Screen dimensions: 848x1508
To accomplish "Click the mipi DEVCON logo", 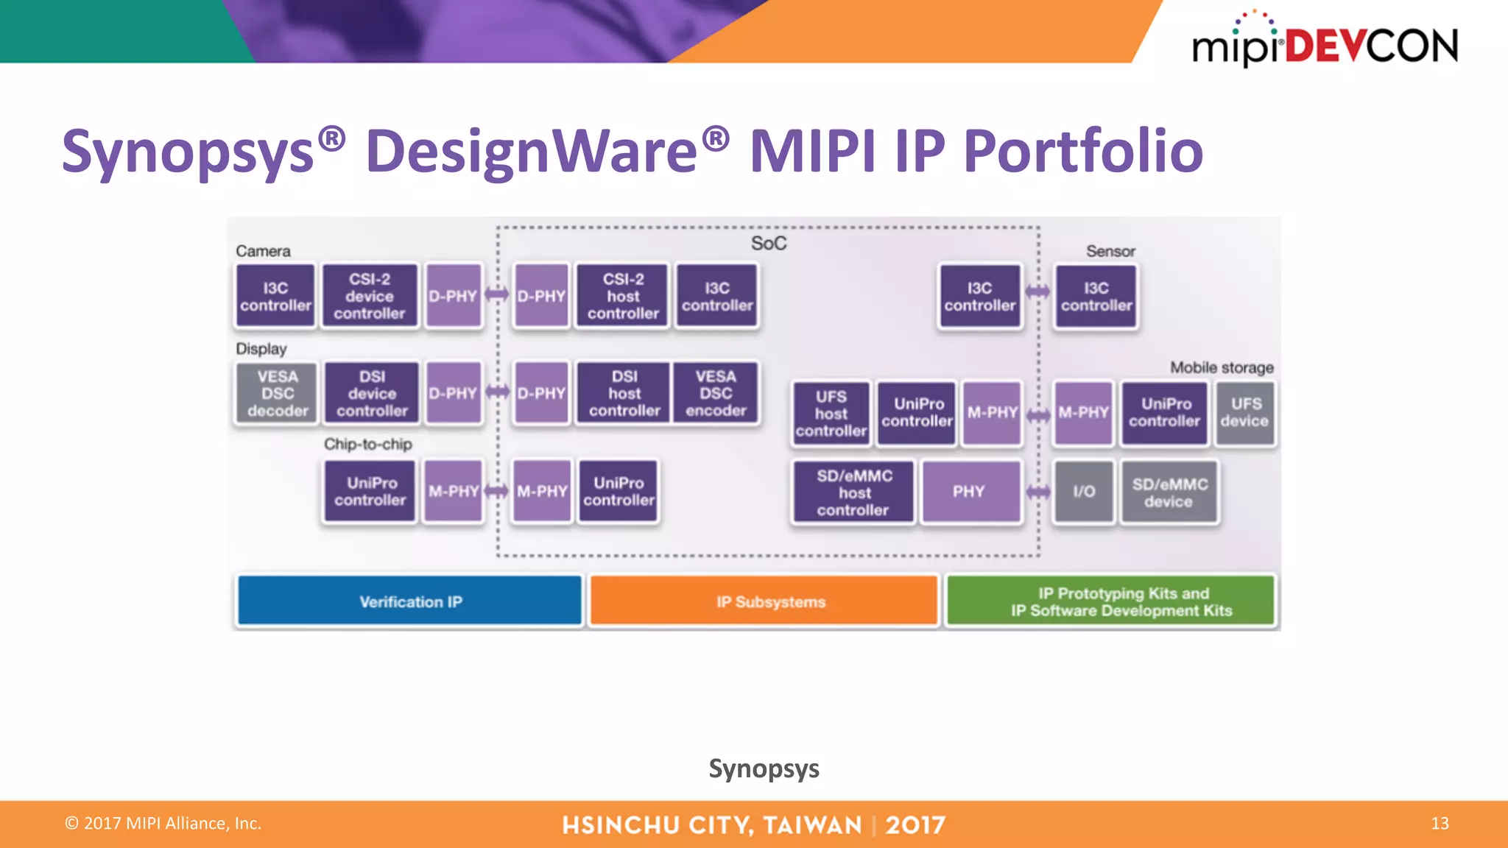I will [x=1324, y=44].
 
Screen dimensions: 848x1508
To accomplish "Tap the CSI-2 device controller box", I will [x=370, y=296].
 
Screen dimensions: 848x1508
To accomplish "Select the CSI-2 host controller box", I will [x=622, y=296].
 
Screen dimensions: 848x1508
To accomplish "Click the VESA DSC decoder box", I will [x=277, y=394].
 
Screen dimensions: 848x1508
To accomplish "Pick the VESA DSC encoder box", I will [x=715, y=394].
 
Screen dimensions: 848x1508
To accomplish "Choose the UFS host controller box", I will [x=831, y=414].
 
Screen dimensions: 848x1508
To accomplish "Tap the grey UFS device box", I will [x=1244, y=413].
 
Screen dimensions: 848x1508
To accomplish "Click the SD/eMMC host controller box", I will [x=853, y=492].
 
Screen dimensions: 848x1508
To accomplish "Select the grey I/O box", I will [x=1083, y=492].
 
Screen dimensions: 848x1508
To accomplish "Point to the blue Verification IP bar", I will [x=410, y=601].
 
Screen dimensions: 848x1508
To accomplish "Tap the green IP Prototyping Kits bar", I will [x=1110, y=601].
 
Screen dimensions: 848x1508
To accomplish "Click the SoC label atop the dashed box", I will [x=768, y=244].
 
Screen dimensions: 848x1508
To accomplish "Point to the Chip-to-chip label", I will [x=367, y=444].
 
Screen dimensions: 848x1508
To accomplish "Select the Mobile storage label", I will [x=1221, y=367].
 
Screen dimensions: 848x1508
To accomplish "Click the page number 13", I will [x=1440, y=823].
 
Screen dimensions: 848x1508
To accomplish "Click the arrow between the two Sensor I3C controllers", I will [x=1038, y=292].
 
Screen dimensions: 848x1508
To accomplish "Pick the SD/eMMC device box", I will [x=1169, y=492].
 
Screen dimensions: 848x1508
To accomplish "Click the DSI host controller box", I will [x=624, y=394].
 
